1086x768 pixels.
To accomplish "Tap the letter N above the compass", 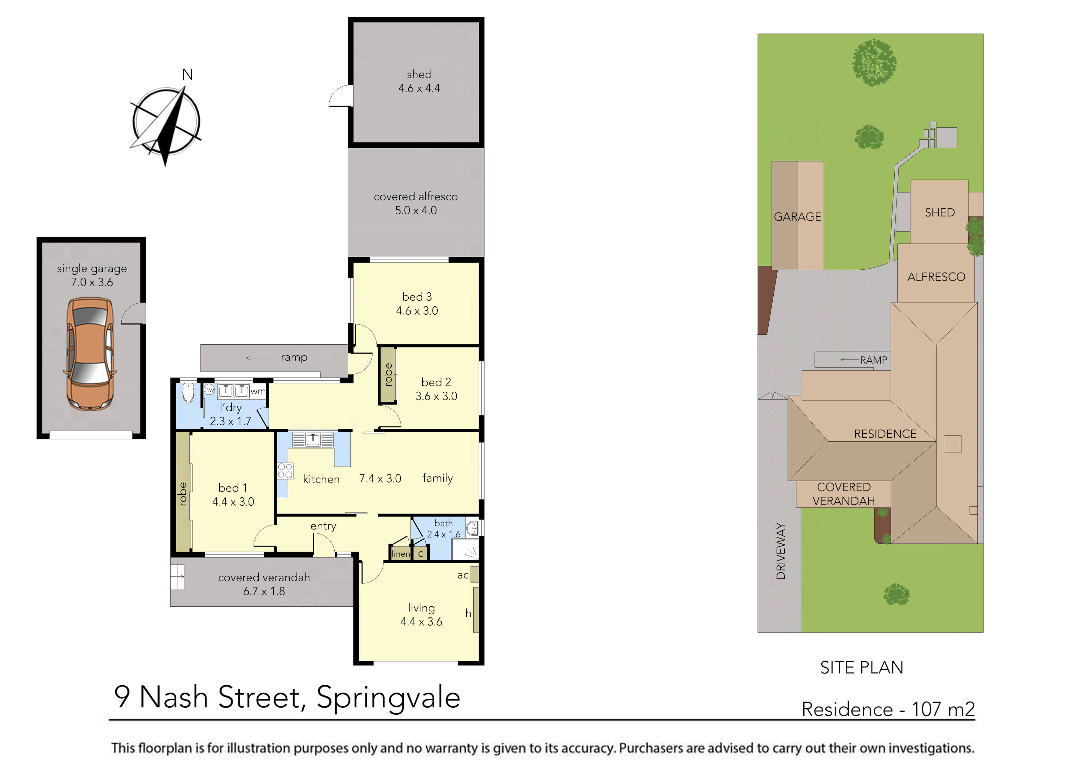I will click(188, 75).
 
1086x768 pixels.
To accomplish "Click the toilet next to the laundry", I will click(188, 392).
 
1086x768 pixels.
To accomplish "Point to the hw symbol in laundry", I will click(209, 390).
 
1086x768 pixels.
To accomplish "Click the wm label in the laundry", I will click(258, 391).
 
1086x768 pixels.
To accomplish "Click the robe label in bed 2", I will click(388, 375).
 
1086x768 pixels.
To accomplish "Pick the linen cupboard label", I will click(401, 554).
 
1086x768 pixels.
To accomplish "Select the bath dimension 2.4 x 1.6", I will click(443, 534).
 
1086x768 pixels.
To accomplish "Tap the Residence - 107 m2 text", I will click(888, 709).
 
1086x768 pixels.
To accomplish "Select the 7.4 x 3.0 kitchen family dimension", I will click(380, 478).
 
